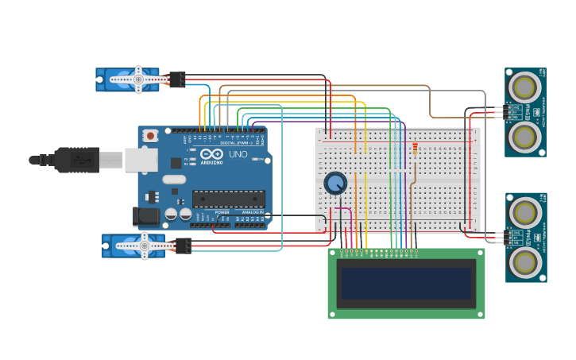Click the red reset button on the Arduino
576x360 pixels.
[x=150, y=136]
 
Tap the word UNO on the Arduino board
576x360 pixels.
[x=238, y=154]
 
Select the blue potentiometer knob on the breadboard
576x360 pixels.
[x=335, y=184]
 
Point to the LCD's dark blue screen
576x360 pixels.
[x=406, y=284]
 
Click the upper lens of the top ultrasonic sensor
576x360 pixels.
[x=524, y=86]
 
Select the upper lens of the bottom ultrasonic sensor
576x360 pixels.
[x=524, y=211]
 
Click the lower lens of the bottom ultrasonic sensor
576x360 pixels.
[x=524, y=262]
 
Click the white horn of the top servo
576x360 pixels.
[x=137, y=79]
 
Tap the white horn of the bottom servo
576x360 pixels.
[x=144, y=246]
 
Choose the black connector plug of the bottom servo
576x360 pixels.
[x=183, y=246]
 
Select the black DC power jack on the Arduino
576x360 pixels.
[x=145, y=215]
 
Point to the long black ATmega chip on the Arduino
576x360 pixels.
[x=228, y=199]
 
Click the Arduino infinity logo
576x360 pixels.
[x=211, y=154]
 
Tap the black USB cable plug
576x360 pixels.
[x=77, y=160]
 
